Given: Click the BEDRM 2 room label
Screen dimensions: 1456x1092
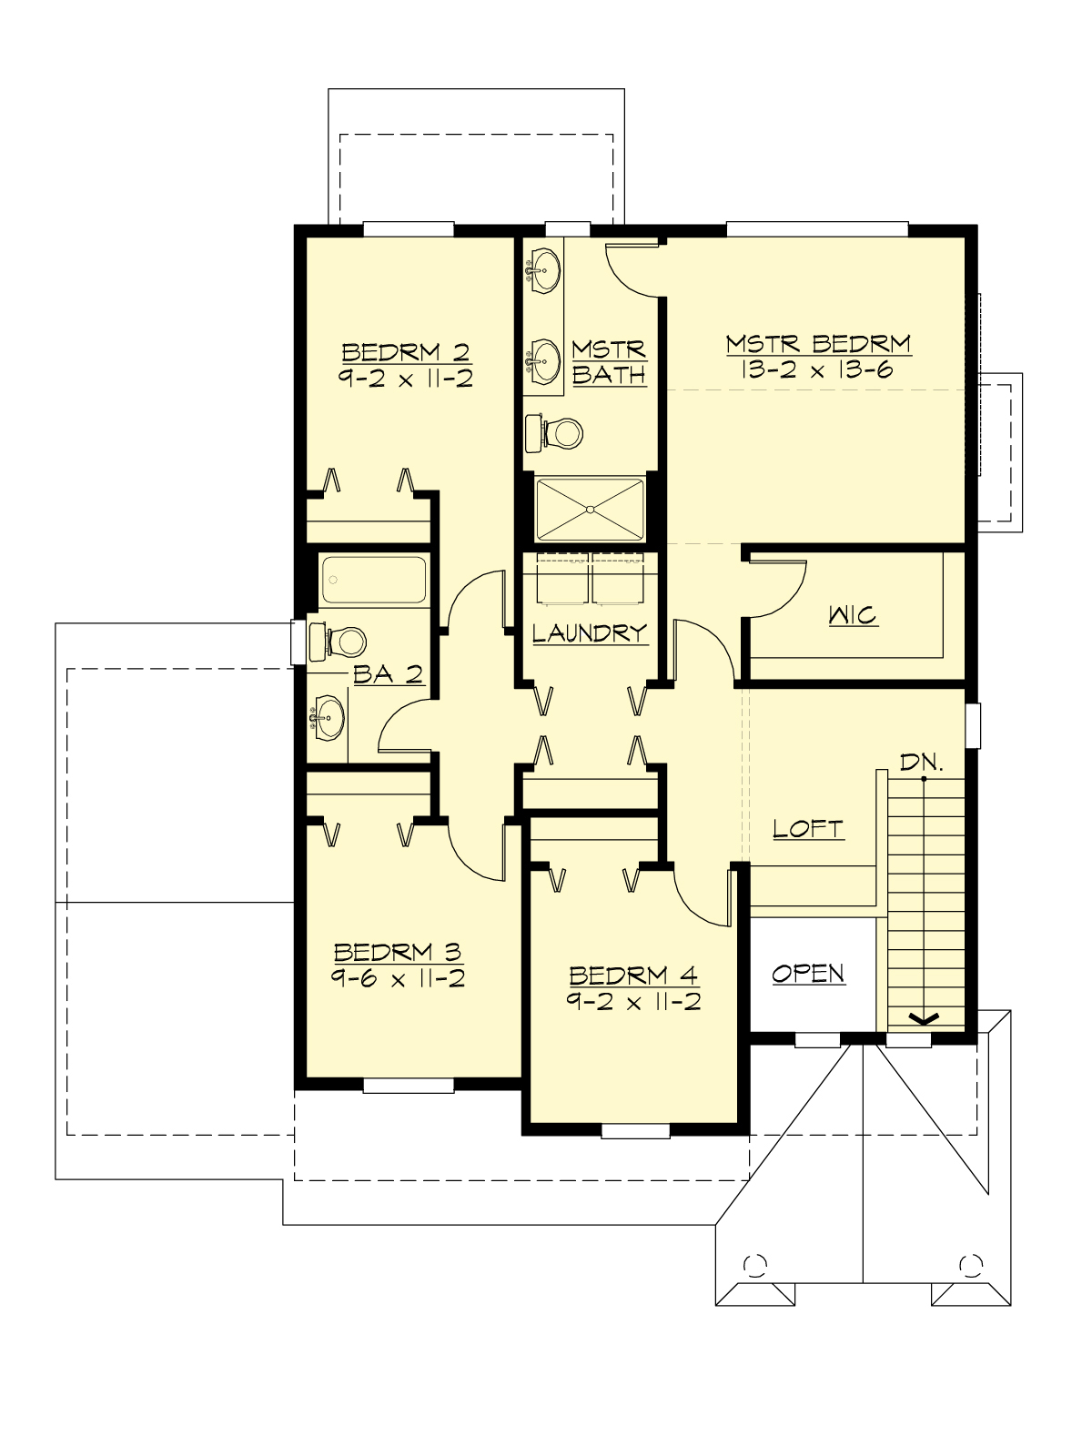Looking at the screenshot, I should coord(406,352).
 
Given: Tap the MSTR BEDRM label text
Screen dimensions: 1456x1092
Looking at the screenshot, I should coord(818,344).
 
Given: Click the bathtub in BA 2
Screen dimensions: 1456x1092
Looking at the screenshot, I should coord(374,580).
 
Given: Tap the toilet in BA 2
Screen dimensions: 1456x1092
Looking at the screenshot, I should coord(339,642).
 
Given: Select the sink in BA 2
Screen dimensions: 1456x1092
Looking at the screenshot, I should coord(328,718).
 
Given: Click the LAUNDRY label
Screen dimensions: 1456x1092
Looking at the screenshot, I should coord(590,632).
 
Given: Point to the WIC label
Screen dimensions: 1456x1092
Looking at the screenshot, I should coord(854,615).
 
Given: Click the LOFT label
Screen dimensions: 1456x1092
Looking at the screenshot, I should coord(808,828).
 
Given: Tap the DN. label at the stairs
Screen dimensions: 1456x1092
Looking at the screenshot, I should coord(922,763).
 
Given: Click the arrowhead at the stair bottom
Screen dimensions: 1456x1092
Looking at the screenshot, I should coord(925,1018).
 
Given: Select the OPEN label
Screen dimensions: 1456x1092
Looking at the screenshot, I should coord(808,973).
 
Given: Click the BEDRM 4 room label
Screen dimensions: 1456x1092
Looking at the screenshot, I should coord(633,976).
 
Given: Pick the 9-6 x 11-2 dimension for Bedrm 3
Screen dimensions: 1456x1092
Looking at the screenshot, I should coord(399,979).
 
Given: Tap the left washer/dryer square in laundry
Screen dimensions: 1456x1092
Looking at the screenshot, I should coord(561,579).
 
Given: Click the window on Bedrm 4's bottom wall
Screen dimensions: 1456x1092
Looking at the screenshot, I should coord(635,1130).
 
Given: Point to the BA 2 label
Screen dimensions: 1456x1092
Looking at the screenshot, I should coord(388,674).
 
